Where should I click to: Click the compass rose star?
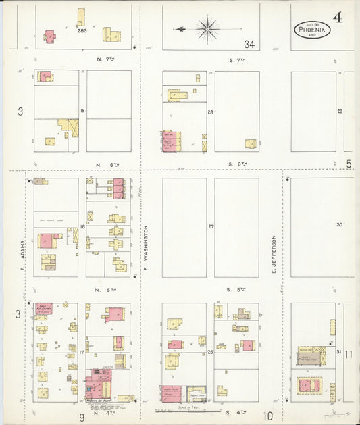(207, 28)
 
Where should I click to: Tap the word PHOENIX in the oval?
(312, 30)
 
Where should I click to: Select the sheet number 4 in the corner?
(337, 17)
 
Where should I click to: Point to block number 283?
(82, 31)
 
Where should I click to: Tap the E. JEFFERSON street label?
(274, 254)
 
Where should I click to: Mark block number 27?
(211, 226)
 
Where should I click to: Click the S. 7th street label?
(237, 59)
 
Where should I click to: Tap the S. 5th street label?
(237, 289)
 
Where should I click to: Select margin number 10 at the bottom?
(268, 416)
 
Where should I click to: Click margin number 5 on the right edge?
(349, 164)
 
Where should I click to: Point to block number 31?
(338, 352)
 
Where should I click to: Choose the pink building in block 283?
(49, 34)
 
